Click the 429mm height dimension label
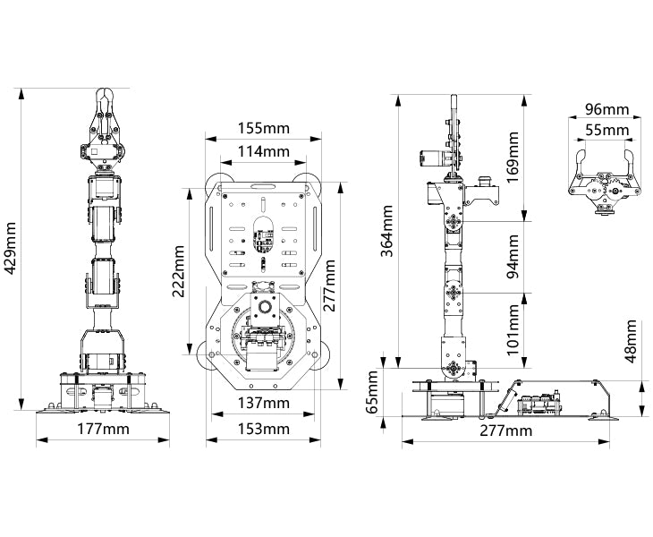point(11,248)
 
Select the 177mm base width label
point(103,429)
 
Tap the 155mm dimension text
point(263,127)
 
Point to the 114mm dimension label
point(263,151)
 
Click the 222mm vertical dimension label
point(179,271)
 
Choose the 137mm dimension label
point(263,403)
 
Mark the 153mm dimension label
point(263,429)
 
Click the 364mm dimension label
point(387,231)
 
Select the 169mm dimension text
point(513,157)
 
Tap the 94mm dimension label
point(513,257)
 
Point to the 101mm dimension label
point(513,329)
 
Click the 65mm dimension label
point(372,392)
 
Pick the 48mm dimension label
point(631,341)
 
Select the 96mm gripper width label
point(606,109)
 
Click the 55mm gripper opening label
point(606,130)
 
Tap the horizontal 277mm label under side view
point(506,430)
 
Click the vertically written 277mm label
point(329,286)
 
